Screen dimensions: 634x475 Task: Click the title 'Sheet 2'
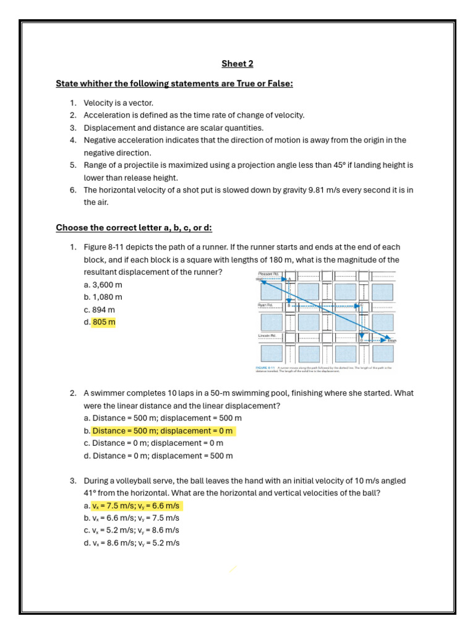tap(237, 64)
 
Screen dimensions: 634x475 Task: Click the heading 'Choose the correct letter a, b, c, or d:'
tap(134, 228)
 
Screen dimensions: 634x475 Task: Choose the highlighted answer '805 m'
tap(104, 322)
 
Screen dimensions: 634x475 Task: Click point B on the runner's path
tap(289, 306)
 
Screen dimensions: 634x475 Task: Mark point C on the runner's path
tap(361, 305)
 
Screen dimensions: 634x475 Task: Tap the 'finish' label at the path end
tap(392, 341)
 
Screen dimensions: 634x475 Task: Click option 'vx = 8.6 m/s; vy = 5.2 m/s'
tap(136, 543)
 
